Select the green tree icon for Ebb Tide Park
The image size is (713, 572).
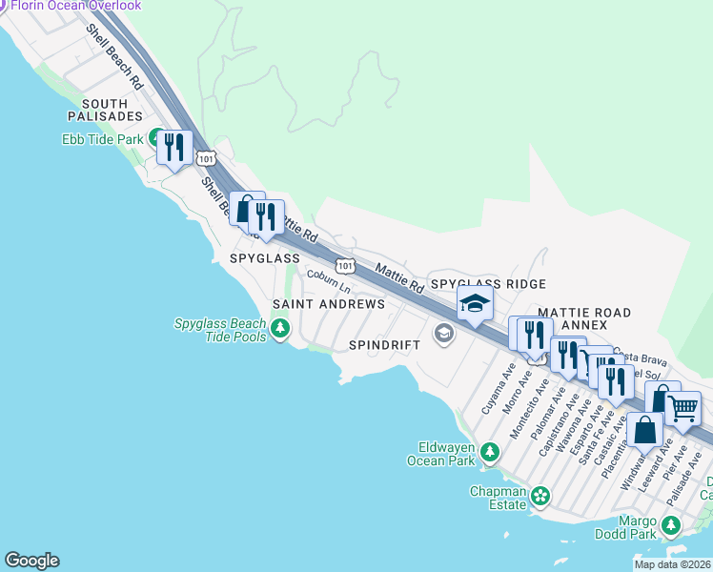pyautogui.click(x=154, y=139)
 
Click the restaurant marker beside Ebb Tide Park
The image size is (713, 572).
pyautogui.click(x=173, y=146)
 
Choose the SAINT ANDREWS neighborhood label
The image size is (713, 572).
pyautogui.click(x=329, y=304)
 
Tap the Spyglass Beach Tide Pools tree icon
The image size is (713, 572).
pyautogui.click(x=279, y=330)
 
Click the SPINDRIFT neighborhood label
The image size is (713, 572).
pyautogui.click(x=384, y=344)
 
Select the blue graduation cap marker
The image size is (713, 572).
pyautogui.click(x=474, y=304)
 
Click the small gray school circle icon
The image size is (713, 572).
pyautogui.click(x=442, y=333)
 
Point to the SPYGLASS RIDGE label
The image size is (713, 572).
pyautogui.click(x=488, y=284)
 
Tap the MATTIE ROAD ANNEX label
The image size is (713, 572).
pyautogui.click(x=584, y=318)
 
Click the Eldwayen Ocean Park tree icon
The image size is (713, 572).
pyautogui.click(x=490, y=451)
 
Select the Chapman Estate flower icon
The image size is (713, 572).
pyautogui.click(x=540, y=495)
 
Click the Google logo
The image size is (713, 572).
pyautogui.click(x=31, y=561)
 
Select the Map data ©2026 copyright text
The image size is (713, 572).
pyautogui.click(x=672, y=564)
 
